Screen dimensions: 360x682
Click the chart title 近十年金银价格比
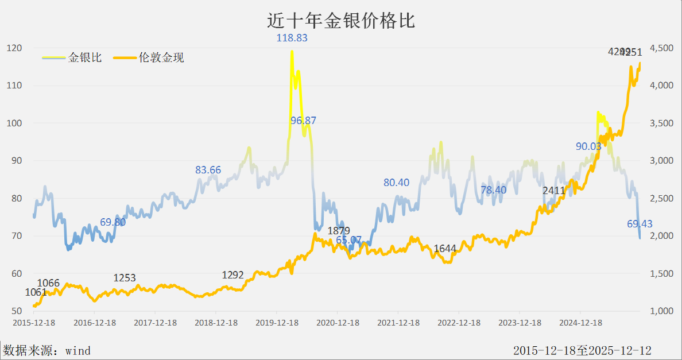pyautogui.click(x=341, y=21)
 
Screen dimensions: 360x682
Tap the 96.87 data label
pyautogui.click(x=303, y=121)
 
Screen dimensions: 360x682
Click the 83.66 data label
pyautogui.click(x=208, y=170)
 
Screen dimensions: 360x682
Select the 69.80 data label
pyautogui.click(x=113, y=222)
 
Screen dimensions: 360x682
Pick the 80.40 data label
pyautogui.click(x=396, y=183)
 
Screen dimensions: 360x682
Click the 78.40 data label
pyautogui.click(x=494, y=190)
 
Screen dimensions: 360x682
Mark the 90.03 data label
pyautogui.click(x=588, y=146)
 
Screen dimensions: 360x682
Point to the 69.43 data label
pyautogui.click(x=640, y=223)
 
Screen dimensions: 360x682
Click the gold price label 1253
pyautogui.click(x=125, y=278)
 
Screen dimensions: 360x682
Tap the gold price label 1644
pyautogui.click(x=445, y=249)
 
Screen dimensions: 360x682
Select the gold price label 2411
pyautogui.click(x=554, y=190)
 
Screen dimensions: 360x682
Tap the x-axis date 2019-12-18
pyautogui.click(x=276, y=323)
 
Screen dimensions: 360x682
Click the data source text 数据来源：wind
pyautogui.click(x=47, y=350)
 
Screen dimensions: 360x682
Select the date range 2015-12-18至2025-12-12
pyautogui.click(x=582, y=350)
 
